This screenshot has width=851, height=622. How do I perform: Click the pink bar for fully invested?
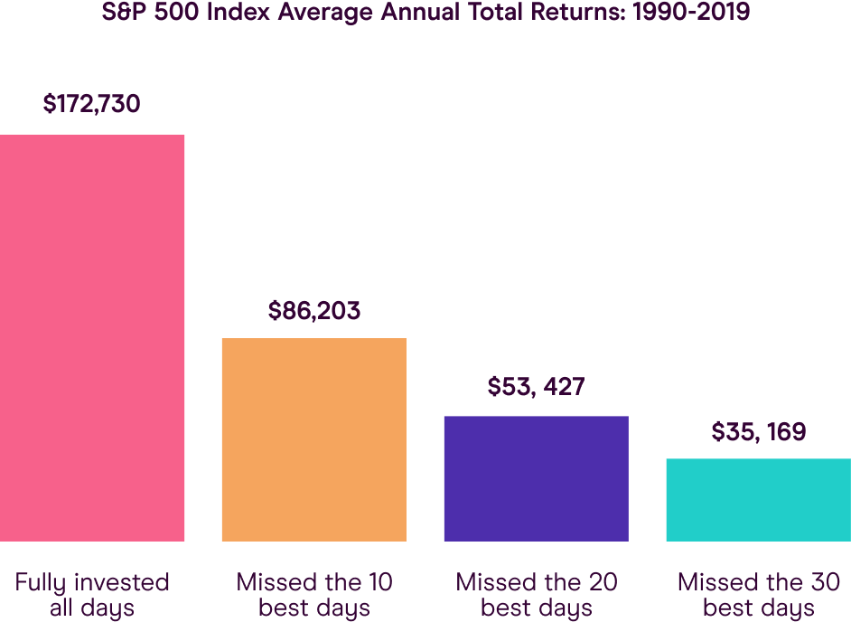92,338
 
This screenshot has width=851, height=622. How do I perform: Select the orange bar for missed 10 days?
313,439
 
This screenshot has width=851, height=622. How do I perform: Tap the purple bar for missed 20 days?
536,478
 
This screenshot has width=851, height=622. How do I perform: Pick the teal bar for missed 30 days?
757,500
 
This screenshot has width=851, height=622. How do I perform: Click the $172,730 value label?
92,104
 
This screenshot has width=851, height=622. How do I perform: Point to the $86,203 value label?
314,311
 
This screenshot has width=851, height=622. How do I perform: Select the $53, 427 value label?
537,387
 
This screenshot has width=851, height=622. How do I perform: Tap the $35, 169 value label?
758,432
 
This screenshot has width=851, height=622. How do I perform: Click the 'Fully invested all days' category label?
92,595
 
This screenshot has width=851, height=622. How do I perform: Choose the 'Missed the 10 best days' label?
314,595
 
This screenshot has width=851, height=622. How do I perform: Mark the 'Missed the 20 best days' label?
537,595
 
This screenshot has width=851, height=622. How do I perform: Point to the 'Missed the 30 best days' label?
758,595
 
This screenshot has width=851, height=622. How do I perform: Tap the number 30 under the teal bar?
825,582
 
